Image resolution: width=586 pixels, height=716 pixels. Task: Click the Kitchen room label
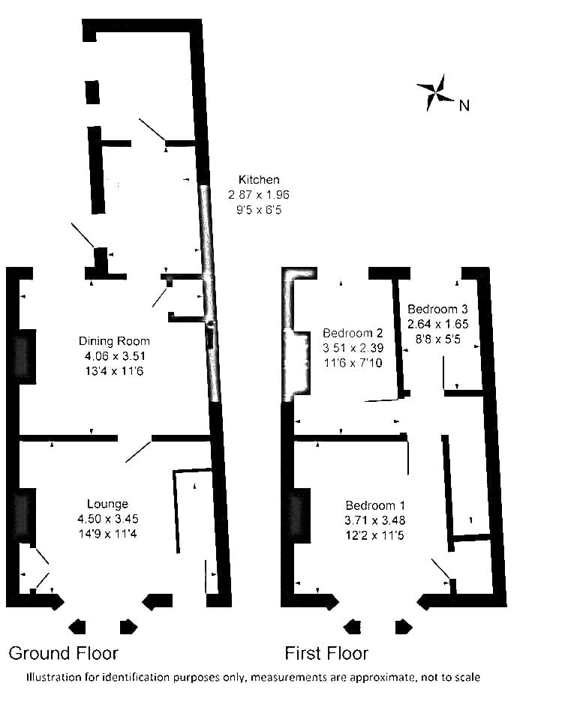(x=259, y=179)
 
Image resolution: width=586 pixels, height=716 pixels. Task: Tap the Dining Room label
(x=114, y=341)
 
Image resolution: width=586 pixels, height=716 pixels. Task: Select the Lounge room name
(x=107, y=504)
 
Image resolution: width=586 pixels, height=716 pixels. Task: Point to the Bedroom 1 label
(x=375, y=505)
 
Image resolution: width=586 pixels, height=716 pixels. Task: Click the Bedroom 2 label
(x=353, y=333)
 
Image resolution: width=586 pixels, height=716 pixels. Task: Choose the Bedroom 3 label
(x=437, y=309)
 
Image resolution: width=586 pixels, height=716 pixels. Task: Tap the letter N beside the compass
(x=464, y=106)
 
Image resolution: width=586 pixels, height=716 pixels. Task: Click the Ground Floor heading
(x=64, y=654)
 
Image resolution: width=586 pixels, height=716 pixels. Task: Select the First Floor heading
(x=326, y=654)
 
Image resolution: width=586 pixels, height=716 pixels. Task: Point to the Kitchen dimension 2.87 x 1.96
(x=259, y=194)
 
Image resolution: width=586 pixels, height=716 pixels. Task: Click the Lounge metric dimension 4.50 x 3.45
(x=108, y=519)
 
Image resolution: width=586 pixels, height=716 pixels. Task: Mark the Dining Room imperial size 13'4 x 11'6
(x=114, y=371)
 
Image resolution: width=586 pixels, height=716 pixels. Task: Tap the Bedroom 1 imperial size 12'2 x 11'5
(x=375, y=535)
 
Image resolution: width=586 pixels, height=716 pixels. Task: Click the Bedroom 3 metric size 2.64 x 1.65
(x=438, y=324)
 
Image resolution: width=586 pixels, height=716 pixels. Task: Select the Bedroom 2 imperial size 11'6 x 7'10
(x=353, y=363)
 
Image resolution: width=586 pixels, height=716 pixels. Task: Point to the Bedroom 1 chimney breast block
(x=300, y=516)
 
